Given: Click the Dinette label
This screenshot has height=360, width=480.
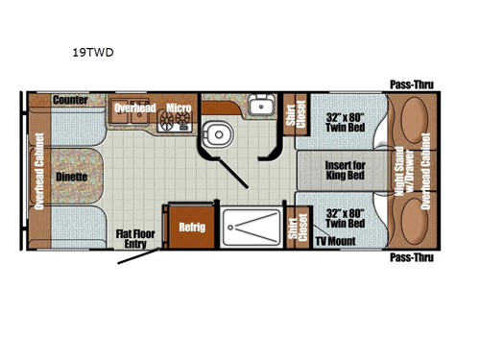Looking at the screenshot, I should click(x=71, y=177).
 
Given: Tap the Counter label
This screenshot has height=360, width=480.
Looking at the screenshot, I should click(x=71, y=100).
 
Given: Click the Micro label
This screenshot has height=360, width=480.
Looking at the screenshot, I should click(x=179, y=108).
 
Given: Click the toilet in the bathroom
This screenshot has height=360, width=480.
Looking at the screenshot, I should click(x=214, y=132).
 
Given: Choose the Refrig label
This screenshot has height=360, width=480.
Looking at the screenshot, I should click(x=189, y=227).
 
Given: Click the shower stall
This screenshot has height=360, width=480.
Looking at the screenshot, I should click(x=250, y=229).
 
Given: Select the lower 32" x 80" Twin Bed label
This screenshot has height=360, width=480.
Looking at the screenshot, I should click(x=344, y=217).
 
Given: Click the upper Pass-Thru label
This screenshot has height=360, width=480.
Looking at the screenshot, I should click(x=411, y=84).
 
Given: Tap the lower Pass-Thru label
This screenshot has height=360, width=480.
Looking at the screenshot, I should click(x=411, y=257).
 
